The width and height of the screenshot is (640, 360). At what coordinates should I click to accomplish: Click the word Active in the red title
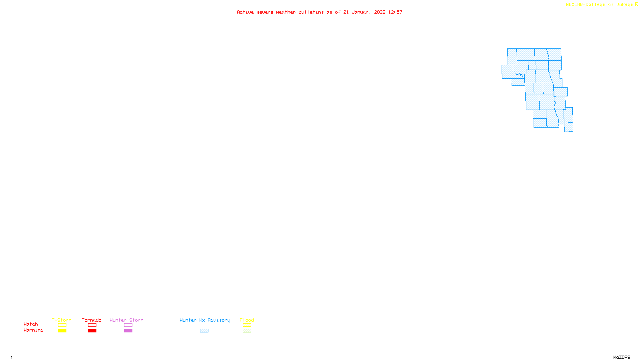pos(245,12)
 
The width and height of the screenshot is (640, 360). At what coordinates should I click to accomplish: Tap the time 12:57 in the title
pos(395,12)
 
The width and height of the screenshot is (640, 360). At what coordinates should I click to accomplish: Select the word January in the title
pos(362,12)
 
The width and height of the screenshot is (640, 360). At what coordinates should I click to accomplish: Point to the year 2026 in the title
pos(380,12)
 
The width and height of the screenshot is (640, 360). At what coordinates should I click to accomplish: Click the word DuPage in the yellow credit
pos(624,4)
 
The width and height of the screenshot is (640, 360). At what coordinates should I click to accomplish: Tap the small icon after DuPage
pos(636,4)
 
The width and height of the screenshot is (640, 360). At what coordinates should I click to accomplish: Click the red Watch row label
pos(31,324)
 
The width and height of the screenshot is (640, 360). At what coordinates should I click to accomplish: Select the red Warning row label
pos(34,330)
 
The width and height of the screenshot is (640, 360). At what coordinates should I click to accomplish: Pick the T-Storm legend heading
pos(62,320)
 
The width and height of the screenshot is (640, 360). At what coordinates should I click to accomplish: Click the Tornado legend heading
pos(92,320)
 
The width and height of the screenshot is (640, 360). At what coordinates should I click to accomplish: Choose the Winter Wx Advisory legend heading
pos(205,320)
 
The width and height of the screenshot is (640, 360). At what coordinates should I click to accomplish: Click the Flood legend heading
pos(247,320)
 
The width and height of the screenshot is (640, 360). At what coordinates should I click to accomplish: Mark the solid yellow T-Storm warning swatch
pos(62,331)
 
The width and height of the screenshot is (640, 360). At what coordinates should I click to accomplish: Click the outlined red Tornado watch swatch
pos(92,325)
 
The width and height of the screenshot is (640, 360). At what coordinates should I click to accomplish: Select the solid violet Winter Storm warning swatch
pos(128,331)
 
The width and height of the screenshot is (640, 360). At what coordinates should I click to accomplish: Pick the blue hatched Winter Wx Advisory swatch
pos(204,331)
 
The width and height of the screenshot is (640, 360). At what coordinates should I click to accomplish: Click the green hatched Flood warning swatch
pos(247,331)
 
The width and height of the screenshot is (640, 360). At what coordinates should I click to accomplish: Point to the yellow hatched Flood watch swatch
pos(247,325)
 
